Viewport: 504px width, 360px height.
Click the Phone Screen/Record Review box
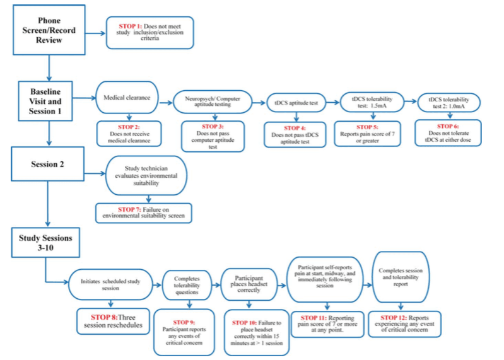tap(49, 30)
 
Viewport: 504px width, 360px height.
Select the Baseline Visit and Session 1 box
tap(45, 101)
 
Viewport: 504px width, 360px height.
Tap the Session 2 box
tap(47, 164)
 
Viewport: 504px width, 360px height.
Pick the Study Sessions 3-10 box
tap(45, 243)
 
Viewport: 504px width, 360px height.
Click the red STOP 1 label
tap(130, 26)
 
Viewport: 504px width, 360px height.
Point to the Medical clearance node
tap(127, 98)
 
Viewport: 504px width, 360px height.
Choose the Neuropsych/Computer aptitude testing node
tap(213, 102)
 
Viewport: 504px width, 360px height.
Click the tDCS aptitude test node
tap(296, 103)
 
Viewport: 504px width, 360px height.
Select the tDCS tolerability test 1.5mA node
tap(372, 102)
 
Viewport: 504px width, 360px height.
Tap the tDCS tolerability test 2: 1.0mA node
tap(448, 103)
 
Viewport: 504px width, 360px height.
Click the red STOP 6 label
tap(448, 126)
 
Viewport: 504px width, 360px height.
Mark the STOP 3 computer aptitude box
tap(213, 136)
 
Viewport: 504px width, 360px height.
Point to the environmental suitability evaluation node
tap(146, 176)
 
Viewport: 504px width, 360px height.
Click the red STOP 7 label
tap(129, 210)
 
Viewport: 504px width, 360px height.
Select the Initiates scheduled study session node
tap(110, 284)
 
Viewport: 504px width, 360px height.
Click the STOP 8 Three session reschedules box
tap(113, 321)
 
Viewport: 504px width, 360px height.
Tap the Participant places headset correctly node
tap(249, 284)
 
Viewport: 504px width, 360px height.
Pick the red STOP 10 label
tap(244, 323)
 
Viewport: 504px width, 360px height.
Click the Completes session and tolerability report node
tap(401, 277)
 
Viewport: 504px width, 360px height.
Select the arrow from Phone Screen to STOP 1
tap(95, 33)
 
